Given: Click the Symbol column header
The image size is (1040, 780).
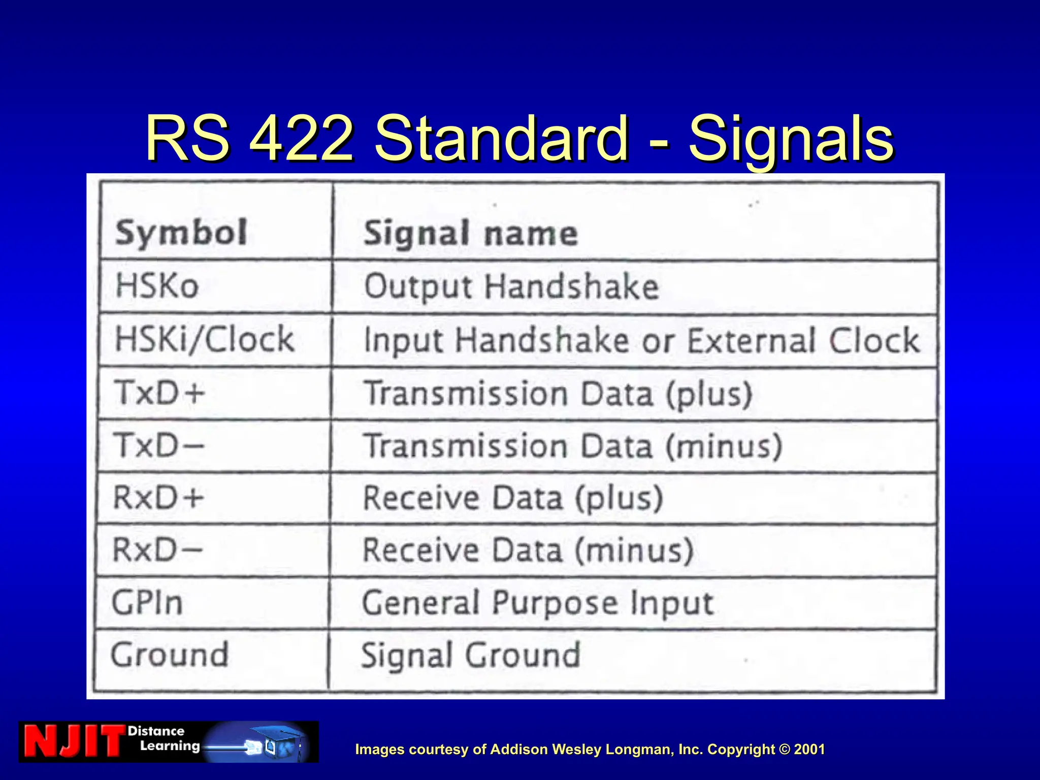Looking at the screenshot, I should click(x=181, y=233).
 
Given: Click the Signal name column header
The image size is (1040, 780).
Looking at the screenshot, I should click(x=471, y=234).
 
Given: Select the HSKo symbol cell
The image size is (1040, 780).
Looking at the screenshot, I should click(x=157, y=285).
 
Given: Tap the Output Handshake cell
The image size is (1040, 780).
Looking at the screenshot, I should click(x=511, y=287).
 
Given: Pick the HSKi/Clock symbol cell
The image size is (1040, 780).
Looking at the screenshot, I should click(x=205, y=339).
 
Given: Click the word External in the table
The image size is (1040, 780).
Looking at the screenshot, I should click(x=752, y=340).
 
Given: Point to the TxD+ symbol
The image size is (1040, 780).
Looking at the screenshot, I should click(x=159, y=393).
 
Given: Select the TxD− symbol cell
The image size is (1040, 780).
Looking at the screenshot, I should click(x=159, y=445).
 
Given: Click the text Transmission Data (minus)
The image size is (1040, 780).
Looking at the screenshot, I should click(x=573, y=446).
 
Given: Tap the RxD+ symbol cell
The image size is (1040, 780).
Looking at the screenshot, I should click(x=158, y=497).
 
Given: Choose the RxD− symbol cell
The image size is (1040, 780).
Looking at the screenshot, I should click(x=157, y=550).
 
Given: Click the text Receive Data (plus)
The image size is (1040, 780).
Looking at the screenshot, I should click(x=513, y=498).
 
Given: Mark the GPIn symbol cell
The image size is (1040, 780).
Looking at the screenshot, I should click(x=147, y=603).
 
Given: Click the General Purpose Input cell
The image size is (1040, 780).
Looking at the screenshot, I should click(x=538, y=603).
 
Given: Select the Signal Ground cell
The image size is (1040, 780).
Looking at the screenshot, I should click(x=470, y=655).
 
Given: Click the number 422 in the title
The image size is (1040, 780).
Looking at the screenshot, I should click(x=302, y=138).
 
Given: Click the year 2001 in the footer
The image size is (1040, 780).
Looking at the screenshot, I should click(x=809, y=749).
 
